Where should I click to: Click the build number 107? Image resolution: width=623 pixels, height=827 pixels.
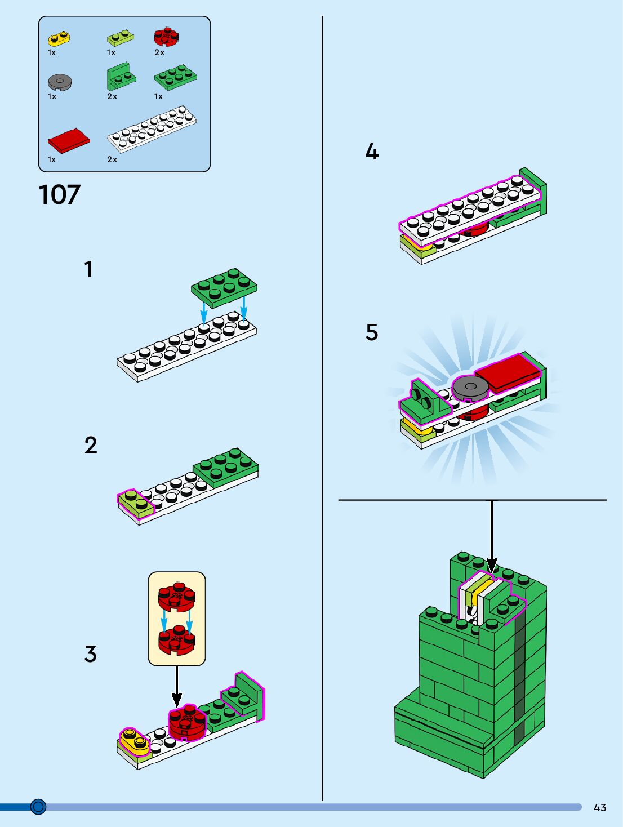[x=60, y=195]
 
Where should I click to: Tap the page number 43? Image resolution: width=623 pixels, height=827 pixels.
[x=600, y=807]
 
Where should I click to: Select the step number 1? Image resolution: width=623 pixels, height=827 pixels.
[x=88, y=269]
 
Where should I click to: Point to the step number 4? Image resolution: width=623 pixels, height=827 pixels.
[x=372, y=152]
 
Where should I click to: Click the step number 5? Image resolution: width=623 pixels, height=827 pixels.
[x=372, y=332]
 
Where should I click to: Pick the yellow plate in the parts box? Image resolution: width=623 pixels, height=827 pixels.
[x=59, y=38]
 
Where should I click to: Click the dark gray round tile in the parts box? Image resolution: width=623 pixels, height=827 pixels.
[x=60, y=82]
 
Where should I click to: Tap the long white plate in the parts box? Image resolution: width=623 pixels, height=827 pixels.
[x=152, y=128]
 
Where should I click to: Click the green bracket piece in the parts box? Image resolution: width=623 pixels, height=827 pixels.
[x=121, y=78]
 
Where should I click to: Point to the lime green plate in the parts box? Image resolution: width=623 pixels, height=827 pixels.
[x=120, y=38]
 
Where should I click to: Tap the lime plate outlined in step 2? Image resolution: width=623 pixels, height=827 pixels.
[x=135, y=503]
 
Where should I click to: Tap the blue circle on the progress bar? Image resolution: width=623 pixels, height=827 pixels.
[x=38, y=807]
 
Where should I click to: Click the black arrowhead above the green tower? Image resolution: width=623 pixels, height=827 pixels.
[x=492, y=566]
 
